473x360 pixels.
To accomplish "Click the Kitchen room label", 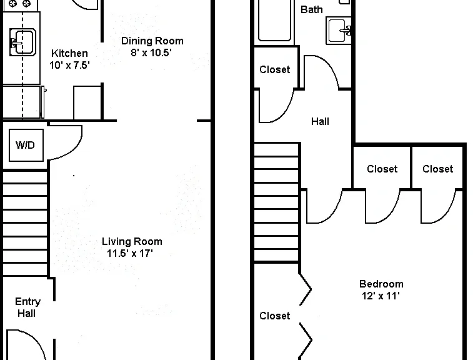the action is tap(69, 53).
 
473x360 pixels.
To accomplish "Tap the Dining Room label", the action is tap(152, 41).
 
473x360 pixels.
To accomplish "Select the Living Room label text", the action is tap(132, 241).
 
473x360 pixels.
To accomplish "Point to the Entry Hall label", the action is tap(27, 307).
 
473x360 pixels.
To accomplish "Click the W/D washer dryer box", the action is tap(26, 145).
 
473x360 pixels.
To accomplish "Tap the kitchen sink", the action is tap(22, 42).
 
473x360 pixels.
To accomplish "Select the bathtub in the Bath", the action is tap(274, 21).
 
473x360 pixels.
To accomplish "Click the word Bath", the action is tap(312, 9).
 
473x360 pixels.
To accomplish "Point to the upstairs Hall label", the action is tap(320, 122).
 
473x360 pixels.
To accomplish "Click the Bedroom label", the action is tap(381, 284).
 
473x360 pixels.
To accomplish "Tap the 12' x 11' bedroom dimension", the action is tap(381, 296).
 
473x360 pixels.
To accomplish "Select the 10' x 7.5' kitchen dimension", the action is tap(69, 65).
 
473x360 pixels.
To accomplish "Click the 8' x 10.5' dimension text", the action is tap(151, 52).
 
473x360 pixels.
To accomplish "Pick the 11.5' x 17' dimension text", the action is tap(130, 253).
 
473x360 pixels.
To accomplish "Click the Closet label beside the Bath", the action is tap(274, 70).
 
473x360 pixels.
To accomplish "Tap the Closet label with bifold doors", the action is tap(274, 316).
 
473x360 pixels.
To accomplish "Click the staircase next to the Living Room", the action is tap(25, 223).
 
